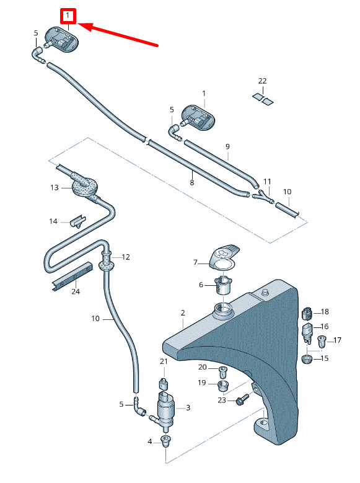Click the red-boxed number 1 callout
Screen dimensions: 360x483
68,16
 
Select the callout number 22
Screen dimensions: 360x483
262,81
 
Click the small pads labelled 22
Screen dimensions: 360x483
263,99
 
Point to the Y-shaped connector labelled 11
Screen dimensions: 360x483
262,196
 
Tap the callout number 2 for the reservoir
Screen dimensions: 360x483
183,313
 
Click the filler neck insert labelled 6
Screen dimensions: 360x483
224,285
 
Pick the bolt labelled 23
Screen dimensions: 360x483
243,399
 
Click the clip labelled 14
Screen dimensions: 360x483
78,221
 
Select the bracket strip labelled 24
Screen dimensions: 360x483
72,277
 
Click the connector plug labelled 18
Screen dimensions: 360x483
307,313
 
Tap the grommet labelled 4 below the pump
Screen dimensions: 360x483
165,441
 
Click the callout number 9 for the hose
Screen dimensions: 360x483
227,146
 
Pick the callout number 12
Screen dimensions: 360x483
126,257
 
